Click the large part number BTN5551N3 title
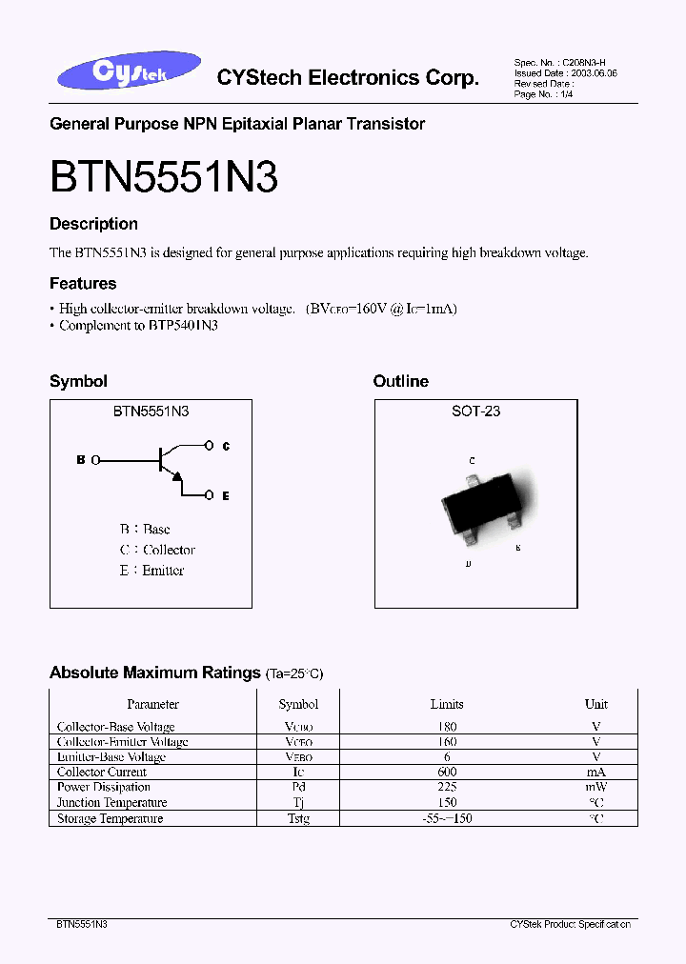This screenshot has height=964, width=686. pos(163,177)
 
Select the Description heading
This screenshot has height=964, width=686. pos(93,224)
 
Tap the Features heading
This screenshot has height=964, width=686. pos(83,283)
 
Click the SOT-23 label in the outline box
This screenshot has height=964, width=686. pos(475,412)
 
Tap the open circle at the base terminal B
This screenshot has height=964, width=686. pos(95,460)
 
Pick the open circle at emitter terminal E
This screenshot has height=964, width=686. pos(210,495)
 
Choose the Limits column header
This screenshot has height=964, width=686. pos(446,704)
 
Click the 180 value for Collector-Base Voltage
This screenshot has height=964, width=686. pos(446,727)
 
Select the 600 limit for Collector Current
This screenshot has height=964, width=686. pos(446,772)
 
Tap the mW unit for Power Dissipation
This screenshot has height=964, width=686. pos(596,787)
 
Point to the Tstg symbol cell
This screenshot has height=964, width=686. pos(298,818)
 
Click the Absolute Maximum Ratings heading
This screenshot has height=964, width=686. pos(154,673)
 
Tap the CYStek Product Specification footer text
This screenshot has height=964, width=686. pos(570,924)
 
